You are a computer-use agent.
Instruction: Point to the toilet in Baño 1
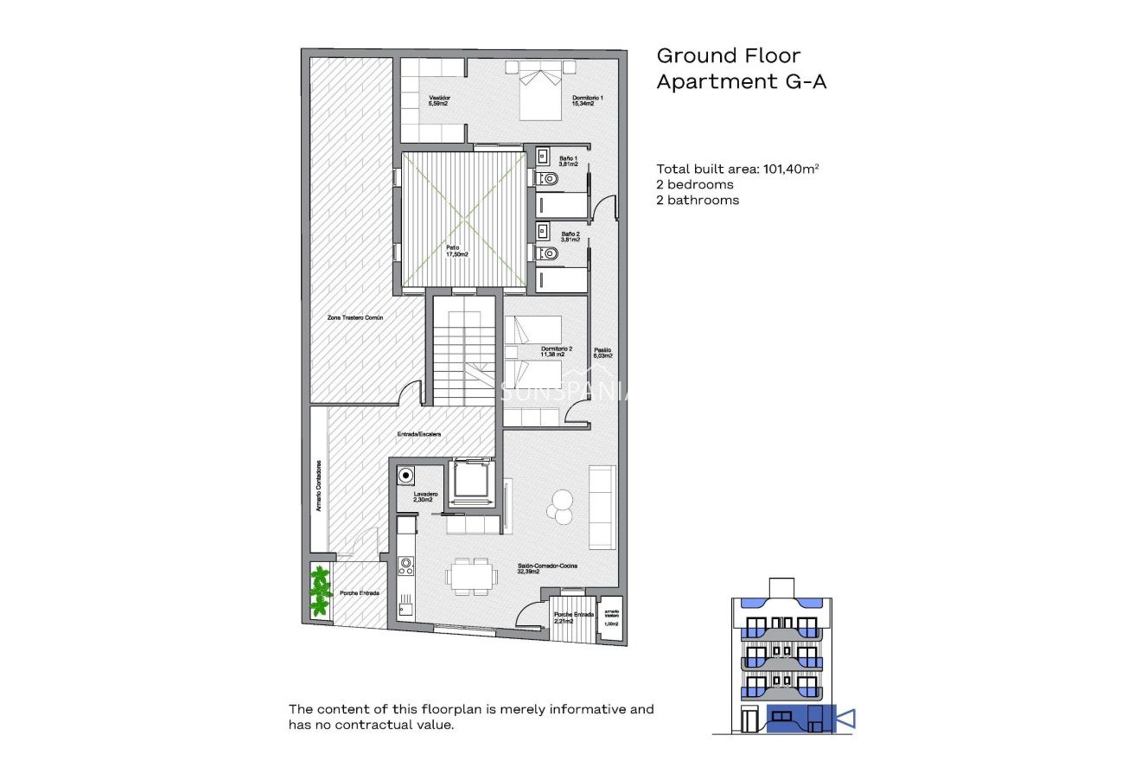pyautogui.click(x=547, y=180)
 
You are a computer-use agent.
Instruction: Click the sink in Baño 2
pyautogui.click(x=542, y=231)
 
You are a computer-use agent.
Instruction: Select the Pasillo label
pyautogui.click(x=602, y=353)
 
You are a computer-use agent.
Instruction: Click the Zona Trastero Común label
pyautogui.click(x=354, y=318)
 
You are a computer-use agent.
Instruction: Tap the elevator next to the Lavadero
pyautogui.click(x=472, y=480)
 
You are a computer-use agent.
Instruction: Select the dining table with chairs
pyautogui.click(x=472, y=575)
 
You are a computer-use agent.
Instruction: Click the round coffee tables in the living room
pyautogui.click(x=561, y=505)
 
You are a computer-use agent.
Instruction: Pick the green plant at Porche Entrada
pyautogui.click(x=321, y=590)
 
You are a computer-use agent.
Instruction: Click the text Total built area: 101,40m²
pyautogui.click(x=736, y=170)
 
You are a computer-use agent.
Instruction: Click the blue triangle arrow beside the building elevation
pyautogui.click(x=846, y=718)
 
